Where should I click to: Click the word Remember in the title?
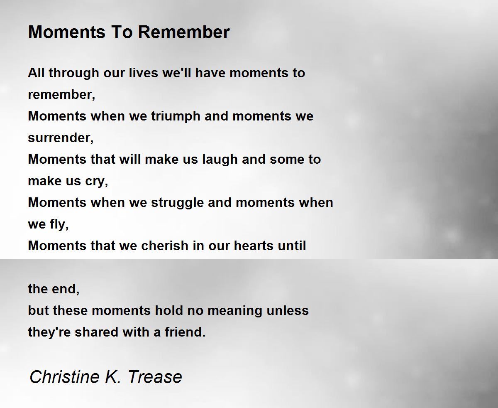184,32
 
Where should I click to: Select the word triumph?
176,116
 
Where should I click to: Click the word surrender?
61,138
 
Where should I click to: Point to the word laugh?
220,160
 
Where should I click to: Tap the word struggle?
177,203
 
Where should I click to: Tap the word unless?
288,310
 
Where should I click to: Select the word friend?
185,332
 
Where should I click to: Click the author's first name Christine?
64,376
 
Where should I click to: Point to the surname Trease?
155,376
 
